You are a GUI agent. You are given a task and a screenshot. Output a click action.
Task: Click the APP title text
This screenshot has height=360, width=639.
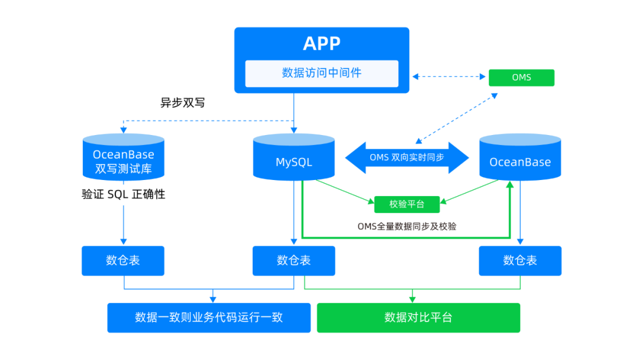(x=321, y=43)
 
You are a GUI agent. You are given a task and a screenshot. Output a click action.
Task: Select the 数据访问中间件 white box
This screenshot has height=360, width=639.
(x=321, y=73)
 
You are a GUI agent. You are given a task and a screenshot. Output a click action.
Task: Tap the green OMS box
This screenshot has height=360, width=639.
(x=521, y=78)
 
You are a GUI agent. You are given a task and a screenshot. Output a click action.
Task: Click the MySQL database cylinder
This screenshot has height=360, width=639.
(x=293, y=157)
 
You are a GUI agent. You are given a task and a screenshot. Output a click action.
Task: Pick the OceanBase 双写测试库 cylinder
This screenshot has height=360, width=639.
(x=123, y=157)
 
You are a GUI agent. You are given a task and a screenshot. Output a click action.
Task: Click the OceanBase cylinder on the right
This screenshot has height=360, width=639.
(x=519, y=157)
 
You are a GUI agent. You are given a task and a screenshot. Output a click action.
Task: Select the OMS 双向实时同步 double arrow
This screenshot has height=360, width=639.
(x=406, y=157)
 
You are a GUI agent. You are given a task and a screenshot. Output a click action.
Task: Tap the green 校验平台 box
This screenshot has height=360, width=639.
(x=406, y=204)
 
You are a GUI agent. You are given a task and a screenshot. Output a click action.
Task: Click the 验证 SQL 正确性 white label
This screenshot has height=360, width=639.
(x=123, y=194)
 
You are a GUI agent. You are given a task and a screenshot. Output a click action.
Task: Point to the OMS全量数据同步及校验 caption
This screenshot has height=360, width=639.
(x=406, y=226)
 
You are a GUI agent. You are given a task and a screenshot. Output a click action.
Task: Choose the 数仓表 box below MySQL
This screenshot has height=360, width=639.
(x=293, y=261)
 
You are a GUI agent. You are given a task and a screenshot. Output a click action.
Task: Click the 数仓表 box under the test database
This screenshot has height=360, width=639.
(x=123, y=261)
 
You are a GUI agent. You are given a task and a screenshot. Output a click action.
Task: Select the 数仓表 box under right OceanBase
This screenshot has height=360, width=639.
(x=520, y=261)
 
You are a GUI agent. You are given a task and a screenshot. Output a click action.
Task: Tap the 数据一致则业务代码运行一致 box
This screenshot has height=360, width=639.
(x=208, y=317)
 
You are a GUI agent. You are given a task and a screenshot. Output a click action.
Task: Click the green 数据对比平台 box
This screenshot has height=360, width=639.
(x=418, y=317)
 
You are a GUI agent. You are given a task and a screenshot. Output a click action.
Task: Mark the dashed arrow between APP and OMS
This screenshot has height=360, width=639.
(x=448, y=76)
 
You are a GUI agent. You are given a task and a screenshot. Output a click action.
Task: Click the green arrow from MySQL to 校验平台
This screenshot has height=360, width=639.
(x=343, y=190)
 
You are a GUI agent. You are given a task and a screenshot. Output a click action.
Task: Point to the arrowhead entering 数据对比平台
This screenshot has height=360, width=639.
(x=412, y=299)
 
